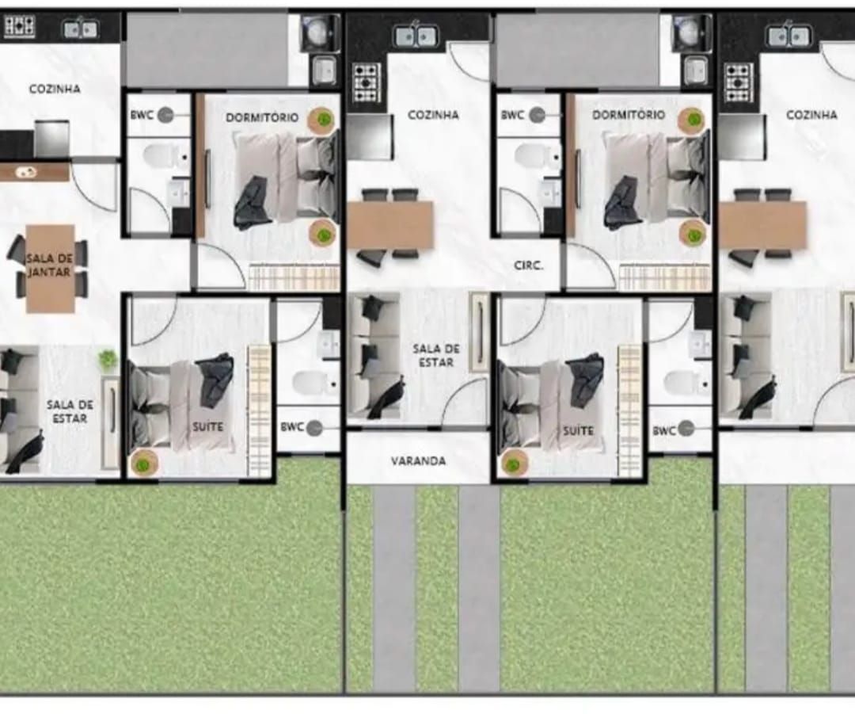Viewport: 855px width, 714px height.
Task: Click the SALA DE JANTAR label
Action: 49,265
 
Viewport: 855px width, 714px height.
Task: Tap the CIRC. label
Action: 528,265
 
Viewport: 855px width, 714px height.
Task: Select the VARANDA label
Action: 418,460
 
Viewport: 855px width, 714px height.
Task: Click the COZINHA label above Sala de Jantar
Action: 55,89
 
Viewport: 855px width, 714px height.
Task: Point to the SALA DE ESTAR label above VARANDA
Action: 435,355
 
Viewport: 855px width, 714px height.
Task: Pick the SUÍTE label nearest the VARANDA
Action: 578,430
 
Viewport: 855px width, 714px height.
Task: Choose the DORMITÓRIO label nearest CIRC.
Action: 629,115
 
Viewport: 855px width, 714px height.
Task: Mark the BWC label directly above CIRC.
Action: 512,115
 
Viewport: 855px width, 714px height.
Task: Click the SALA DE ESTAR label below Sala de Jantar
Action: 70,411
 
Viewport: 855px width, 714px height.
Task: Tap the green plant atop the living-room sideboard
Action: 108,359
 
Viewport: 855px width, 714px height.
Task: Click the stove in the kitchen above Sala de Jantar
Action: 20,26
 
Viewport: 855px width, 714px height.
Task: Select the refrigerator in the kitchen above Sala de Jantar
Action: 51,139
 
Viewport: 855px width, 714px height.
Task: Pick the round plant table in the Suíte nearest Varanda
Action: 514,464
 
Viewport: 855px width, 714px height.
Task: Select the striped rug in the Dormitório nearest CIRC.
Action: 665,277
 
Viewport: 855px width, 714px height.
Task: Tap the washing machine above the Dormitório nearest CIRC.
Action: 691,32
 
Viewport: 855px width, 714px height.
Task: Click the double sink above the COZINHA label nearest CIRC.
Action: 416,36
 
